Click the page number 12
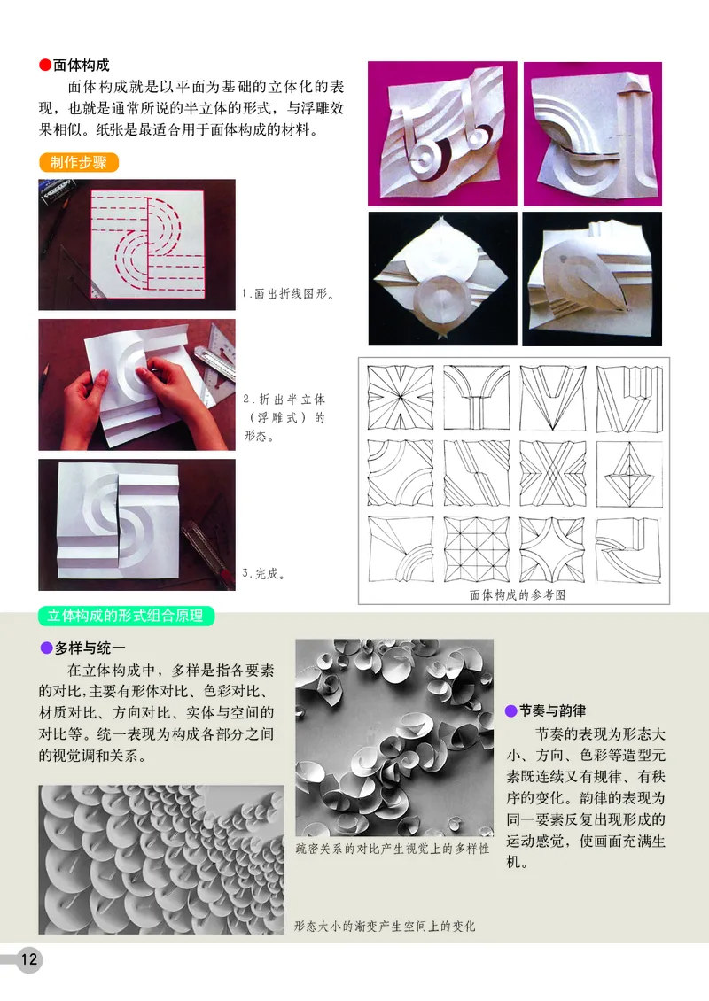(x=28, y=958)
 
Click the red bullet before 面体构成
(x=45, y=66)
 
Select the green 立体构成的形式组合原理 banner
(x=126, y=615)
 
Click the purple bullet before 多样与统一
(x=46, y=648)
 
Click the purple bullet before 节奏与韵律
(x=510, y=710)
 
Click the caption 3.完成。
(x=263, y=574)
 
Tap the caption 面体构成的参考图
(x=517, y=595)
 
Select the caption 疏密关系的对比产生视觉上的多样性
(x=392, y=849)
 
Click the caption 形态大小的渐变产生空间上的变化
(x=385, y=927)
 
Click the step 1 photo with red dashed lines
(x=136, y=244)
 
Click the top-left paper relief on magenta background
(x=441, y=133)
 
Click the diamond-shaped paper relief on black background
(x=441, y=277)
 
